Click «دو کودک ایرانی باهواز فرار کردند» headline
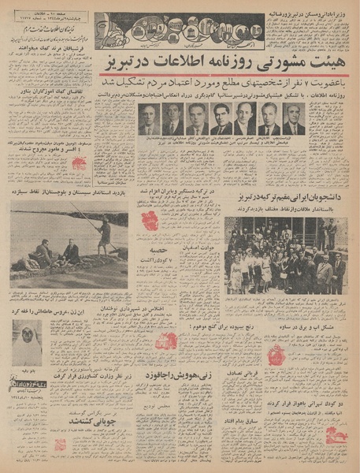click(311, 412)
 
